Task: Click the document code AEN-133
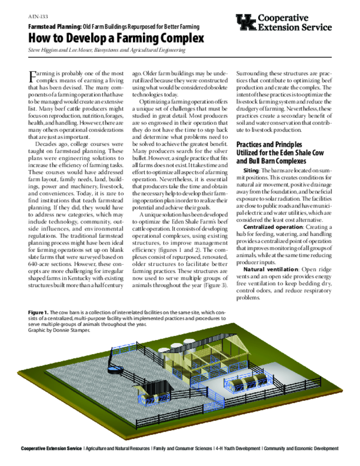point(36,16)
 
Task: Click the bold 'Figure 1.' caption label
point(38,313)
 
